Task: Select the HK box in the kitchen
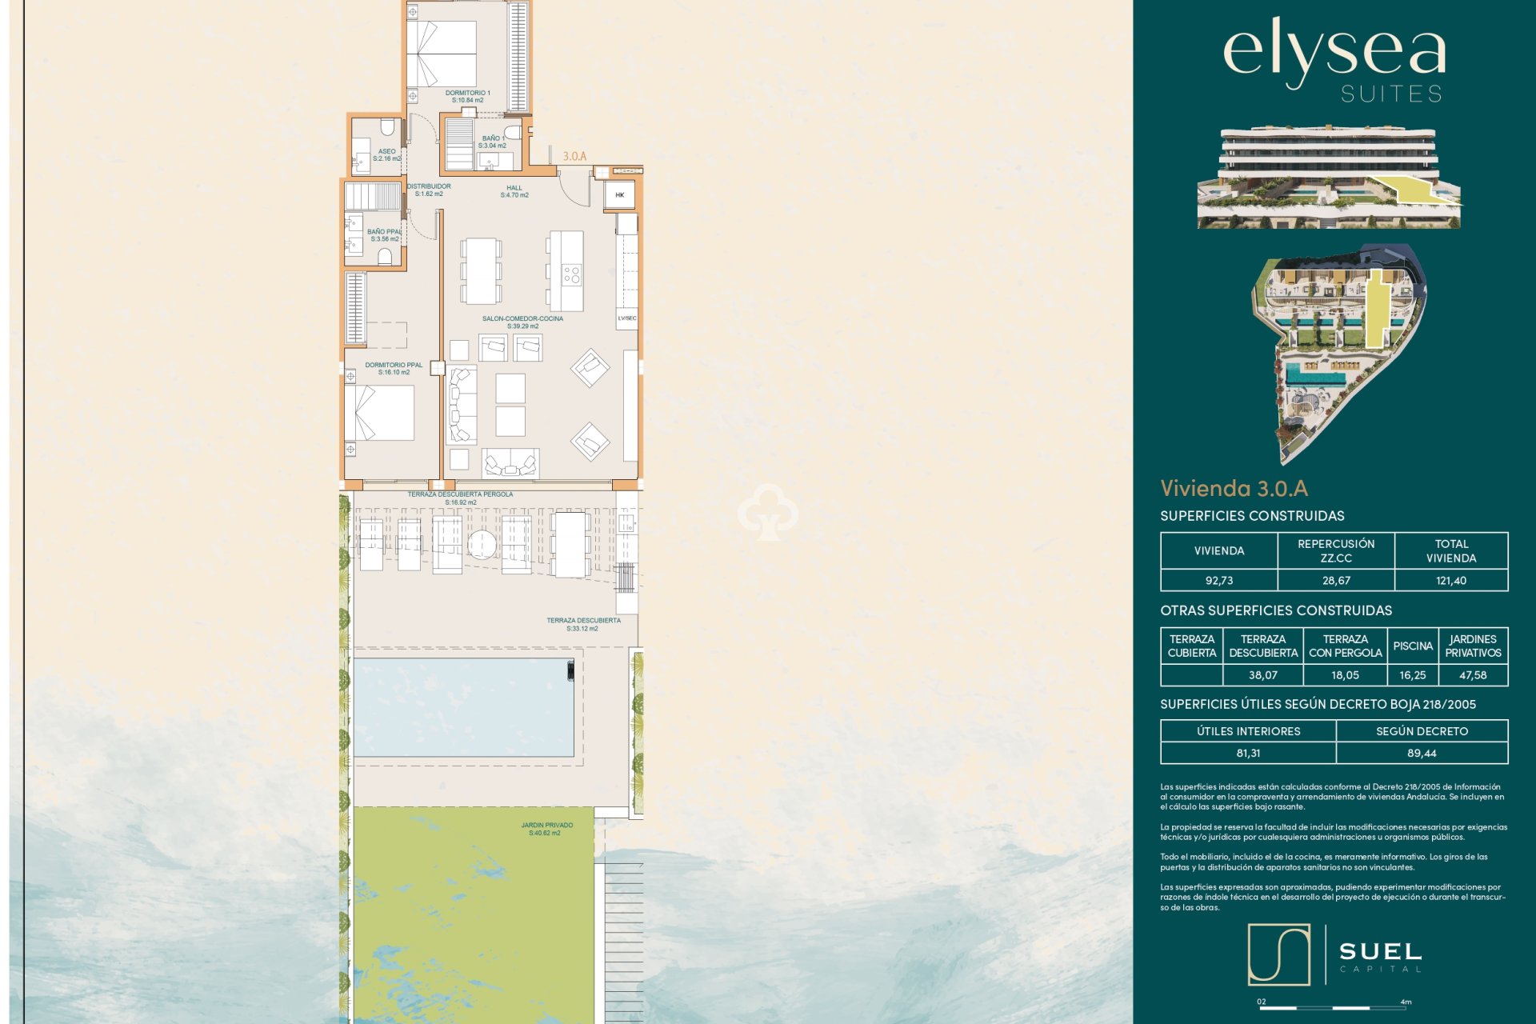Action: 619,194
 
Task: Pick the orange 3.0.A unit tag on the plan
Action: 574,157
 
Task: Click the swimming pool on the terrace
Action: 463,707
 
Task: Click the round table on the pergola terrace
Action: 482,544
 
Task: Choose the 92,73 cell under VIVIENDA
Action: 1218,581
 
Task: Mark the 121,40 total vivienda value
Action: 1450,581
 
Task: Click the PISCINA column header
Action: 1412,646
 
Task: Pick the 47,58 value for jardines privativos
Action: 1472,675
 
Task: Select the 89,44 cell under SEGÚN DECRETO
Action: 1421,753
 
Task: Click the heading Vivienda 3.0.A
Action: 1234,488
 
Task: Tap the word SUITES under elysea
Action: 1391,94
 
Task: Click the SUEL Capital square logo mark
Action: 1278,954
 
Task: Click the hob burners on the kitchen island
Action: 571,275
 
